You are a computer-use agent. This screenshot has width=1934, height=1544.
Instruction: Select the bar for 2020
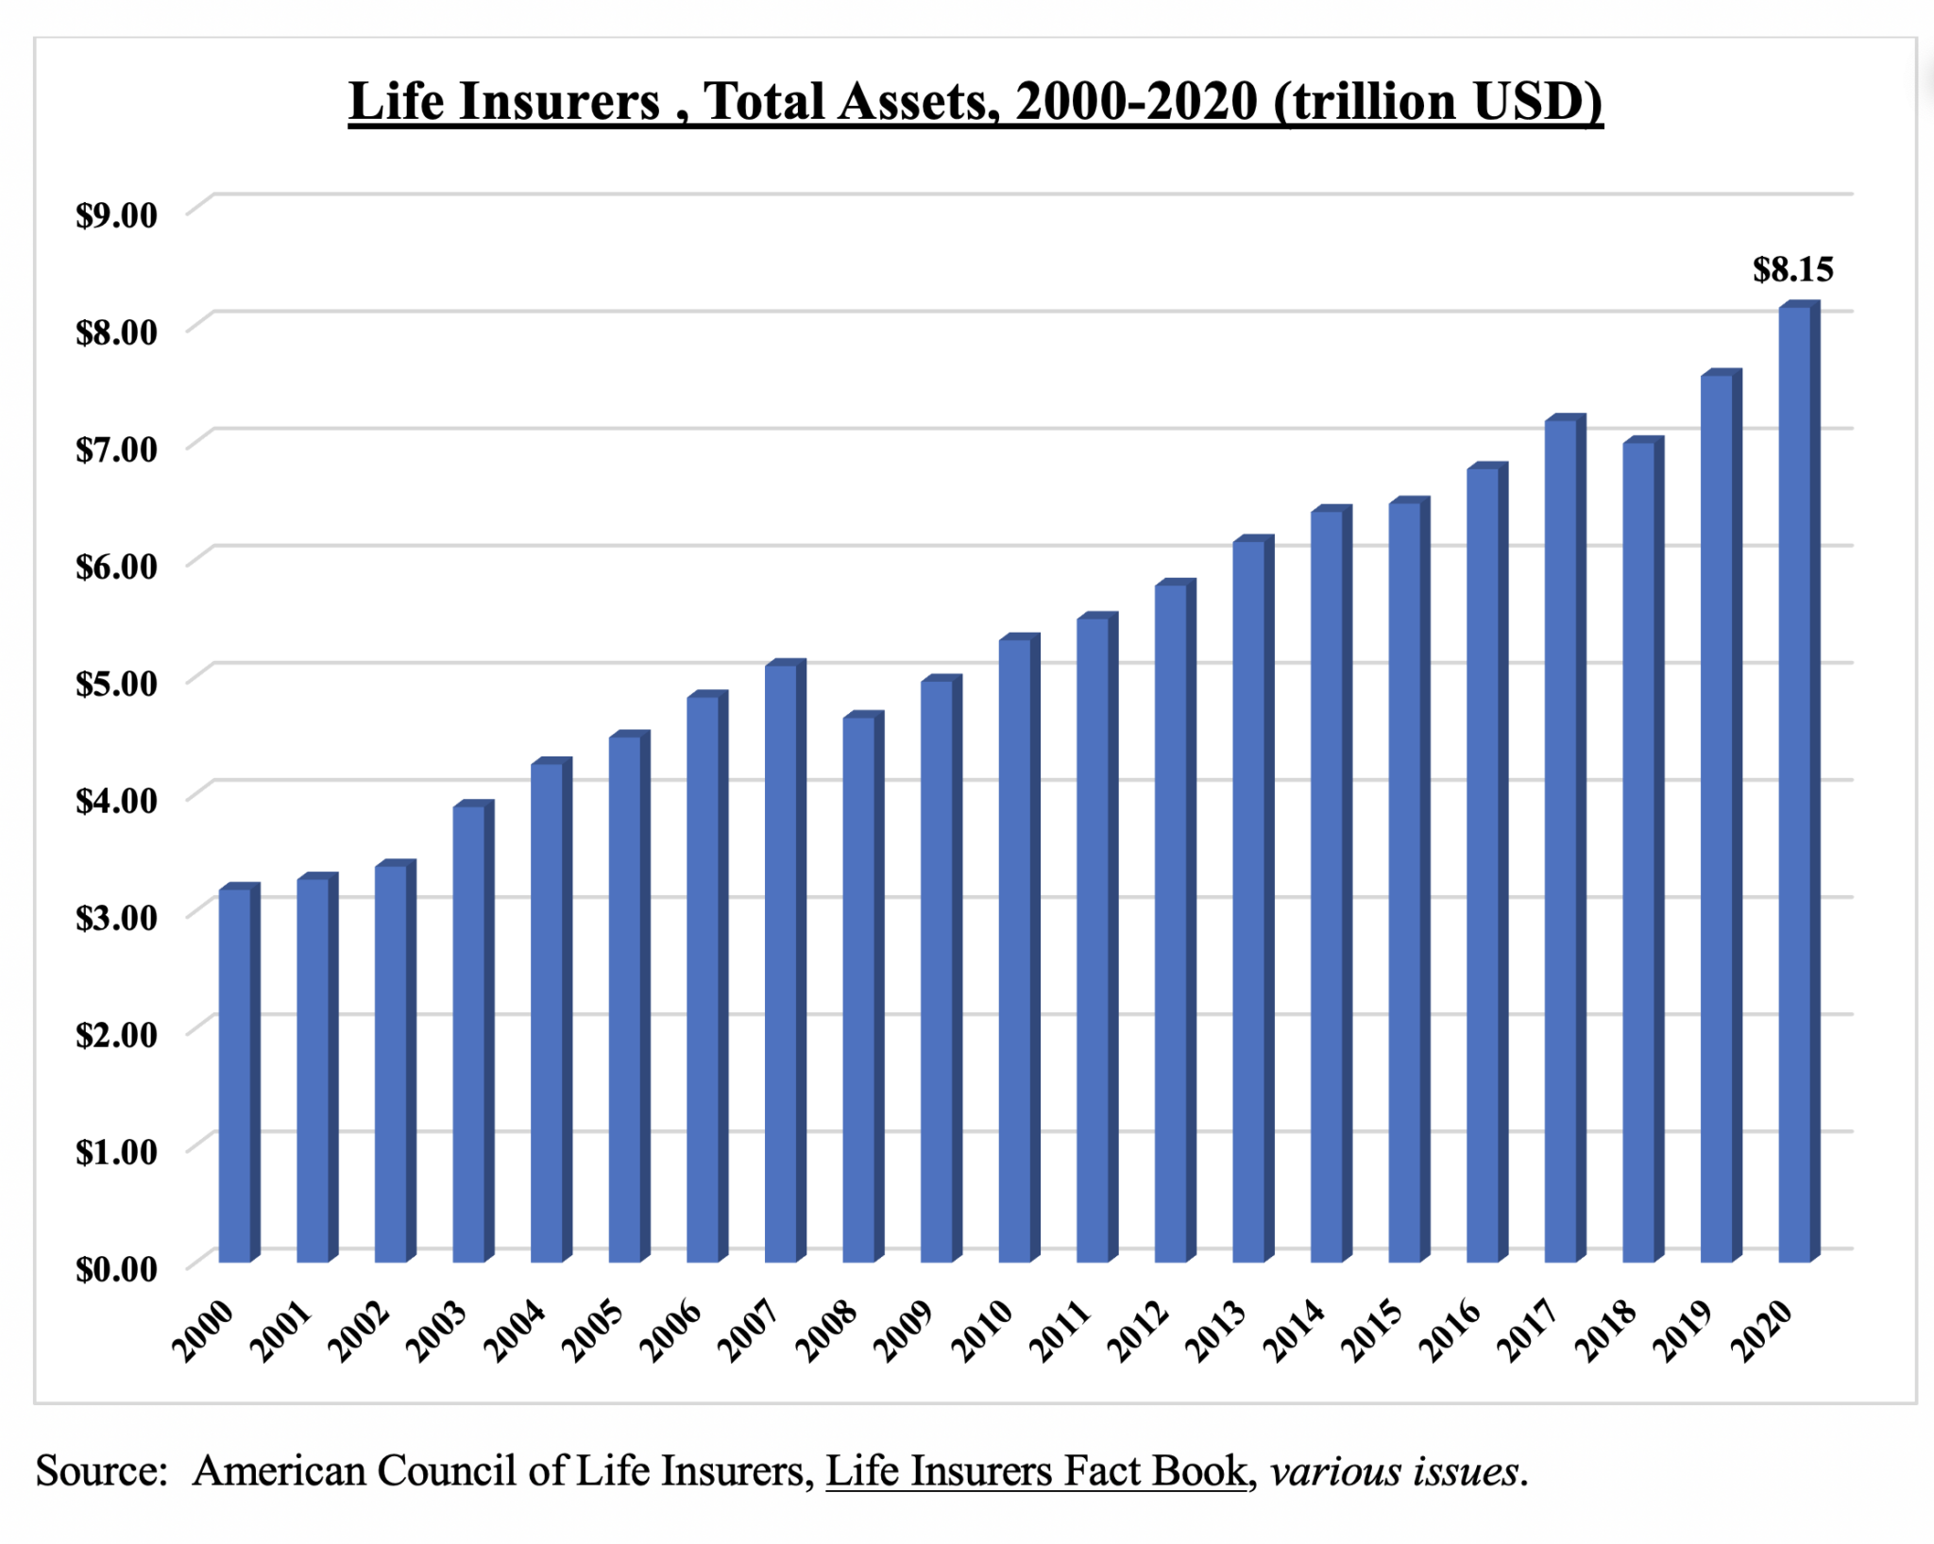1794,784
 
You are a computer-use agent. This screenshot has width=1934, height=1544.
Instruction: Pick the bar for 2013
1248,901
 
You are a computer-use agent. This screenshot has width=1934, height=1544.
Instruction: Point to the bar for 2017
1560,840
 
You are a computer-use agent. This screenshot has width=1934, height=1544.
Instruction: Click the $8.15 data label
1792,270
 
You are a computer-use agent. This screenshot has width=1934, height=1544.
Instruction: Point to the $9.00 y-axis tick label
116,215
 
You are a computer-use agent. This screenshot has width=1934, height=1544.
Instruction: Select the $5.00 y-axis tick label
116,684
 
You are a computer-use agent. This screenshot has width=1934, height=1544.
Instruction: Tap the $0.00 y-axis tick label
116,1269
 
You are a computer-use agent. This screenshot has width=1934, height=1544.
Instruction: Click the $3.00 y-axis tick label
116,918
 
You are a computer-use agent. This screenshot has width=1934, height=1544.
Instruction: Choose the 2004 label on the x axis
515,1331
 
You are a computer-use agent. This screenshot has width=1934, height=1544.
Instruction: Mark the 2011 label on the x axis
1060,1331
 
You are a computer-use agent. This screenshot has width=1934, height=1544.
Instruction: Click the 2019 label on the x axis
1684,1331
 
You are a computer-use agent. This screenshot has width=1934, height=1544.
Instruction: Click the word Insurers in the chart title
559,102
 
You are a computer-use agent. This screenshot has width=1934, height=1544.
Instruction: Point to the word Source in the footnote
99,1471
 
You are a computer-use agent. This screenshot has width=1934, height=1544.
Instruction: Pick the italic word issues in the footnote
1473,1471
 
